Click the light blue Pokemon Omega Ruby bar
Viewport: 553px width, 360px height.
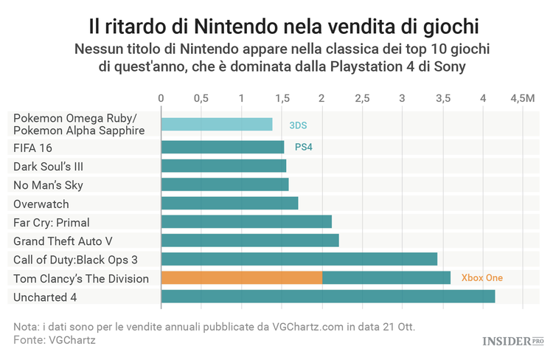point(216,125)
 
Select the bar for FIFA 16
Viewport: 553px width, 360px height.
point(222,147)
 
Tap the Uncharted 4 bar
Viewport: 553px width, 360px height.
point(327,297)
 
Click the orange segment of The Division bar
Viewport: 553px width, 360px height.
point(241,278)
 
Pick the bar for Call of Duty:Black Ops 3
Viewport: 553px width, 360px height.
point(299,259)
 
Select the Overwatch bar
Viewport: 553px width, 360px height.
point(229,203)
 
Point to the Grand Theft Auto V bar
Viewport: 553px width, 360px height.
point(249,240)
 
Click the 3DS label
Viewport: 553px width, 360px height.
point(298,125)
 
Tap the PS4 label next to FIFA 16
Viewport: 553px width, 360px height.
point(304,147)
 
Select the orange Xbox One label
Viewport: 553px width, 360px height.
point(481,278)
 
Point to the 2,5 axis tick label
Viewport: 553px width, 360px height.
point(362,98)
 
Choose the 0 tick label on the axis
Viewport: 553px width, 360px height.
point(161,98)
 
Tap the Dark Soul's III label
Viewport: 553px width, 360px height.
point(48,166)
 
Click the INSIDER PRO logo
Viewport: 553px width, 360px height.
point(511,341)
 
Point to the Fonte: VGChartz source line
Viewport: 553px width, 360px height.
point(55,339)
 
